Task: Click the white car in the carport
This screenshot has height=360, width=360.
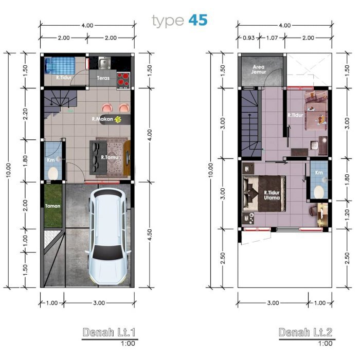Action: coord(107,237)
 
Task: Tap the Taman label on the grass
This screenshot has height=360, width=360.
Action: coord(53,206)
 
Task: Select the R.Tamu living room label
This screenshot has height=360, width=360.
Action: coord(110,157)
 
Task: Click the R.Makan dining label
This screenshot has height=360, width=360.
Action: coord(102,119)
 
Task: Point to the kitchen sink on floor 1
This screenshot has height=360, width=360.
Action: coord(104,63)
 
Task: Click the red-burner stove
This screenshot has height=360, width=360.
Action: coord(123,81)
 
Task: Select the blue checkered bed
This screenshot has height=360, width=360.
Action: coord(60,65)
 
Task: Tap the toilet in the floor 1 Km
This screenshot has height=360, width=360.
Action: coord(53,173)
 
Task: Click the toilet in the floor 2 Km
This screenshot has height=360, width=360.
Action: coord(319,192)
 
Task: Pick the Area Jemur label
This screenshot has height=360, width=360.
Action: coord(259,69)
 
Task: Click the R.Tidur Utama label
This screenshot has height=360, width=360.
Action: coord(272,195)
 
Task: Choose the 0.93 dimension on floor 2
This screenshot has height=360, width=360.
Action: coord(248,38)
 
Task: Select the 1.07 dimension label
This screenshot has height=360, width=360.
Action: coord(272,38)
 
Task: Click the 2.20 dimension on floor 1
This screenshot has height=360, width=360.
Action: coord(25,114)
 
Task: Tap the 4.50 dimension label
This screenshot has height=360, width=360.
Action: coord(149,235)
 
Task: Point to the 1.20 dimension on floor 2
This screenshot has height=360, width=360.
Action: coord(347,214)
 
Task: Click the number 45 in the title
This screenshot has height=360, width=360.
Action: coord(198,20)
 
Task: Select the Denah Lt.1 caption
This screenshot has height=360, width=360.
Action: coord(109,332)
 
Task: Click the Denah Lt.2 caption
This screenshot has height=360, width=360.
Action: coord(305,332)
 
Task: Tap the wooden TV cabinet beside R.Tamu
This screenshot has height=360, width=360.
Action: coord(127,158)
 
